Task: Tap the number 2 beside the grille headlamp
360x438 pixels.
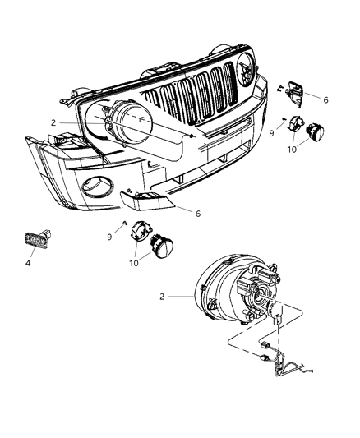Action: pos(53,122)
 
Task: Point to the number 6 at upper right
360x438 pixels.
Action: pos(325,99)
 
